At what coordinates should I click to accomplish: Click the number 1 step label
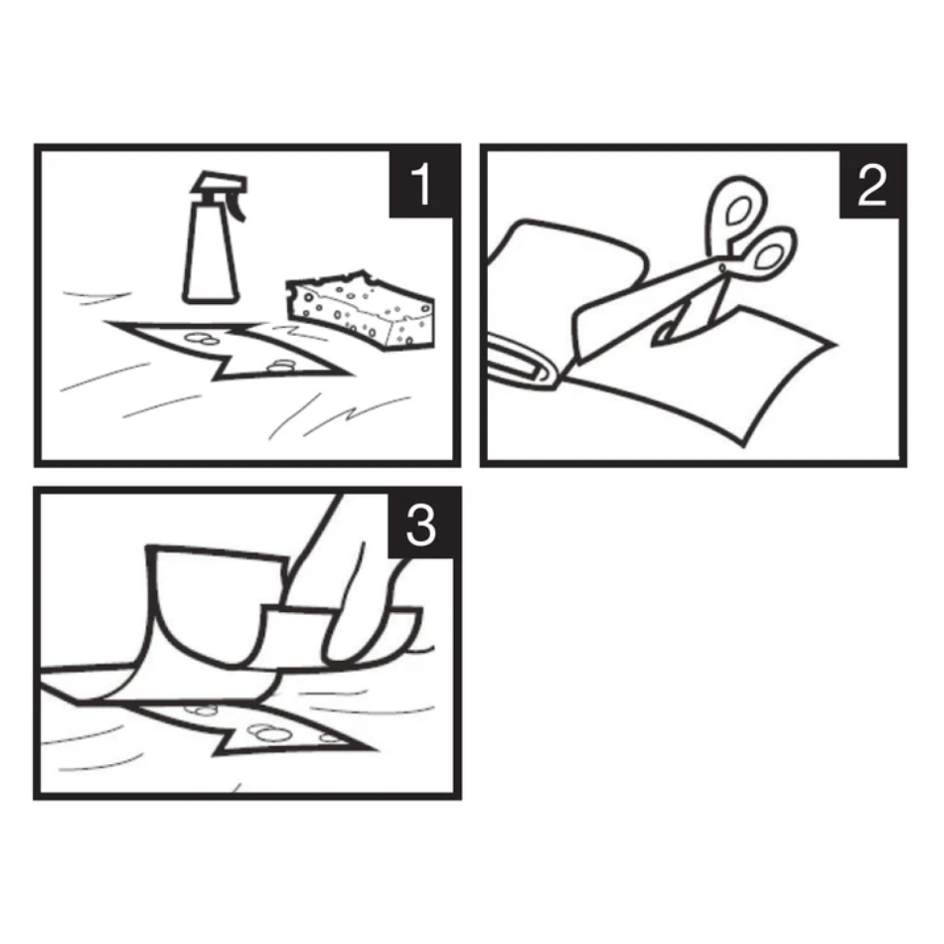[x=421, y=183]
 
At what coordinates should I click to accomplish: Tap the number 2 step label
[x=870, y=185]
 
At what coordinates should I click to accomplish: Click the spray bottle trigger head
[x=221, y=190]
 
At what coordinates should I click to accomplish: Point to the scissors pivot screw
[x=722, y=268]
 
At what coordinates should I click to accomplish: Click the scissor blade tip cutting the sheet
[x=656, y=342]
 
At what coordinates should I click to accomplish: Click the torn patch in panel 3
[x=252, y=729]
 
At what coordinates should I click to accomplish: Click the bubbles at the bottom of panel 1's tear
[x=281, y=366]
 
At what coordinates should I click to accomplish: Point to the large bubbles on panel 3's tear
[x=268, y=732]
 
